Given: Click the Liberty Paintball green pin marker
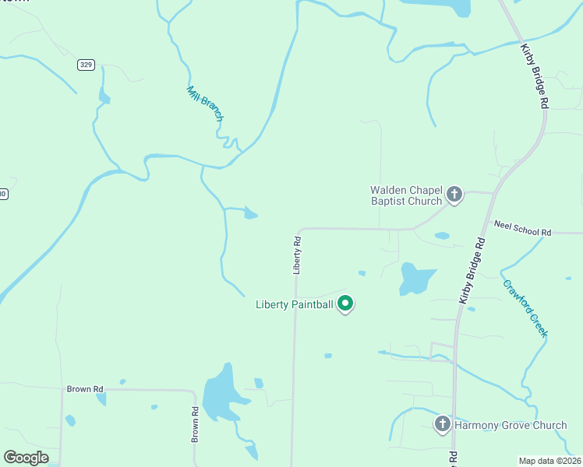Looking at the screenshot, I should [x=345, y=304].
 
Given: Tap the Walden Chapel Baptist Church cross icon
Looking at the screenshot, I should [x=454, y=195].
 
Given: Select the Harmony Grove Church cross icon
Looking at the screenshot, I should [x=442, y=424].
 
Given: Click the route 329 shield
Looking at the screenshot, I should [x=86, y=65].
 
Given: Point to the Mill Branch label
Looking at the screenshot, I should [x=205, y=103].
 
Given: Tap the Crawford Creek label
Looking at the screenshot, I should [x=525, y=308].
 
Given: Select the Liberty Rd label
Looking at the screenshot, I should [x=297, y=255].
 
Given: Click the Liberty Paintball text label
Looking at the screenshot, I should [x=295, y=304].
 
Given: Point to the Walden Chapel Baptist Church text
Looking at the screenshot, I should [x=405, y=195].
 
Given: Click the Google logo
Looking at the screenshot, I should [x=26, y=458].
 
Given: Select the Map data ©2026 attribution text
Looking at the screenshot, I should [x=549, y=461].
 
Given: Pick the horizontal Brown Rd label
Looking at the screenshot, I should [x=84, y=388].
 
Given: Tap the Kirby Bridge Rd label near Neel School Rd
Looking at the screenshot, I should [x=472, y=270].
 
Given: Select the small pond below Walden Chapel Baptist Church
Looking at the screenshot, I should [x=442, y=236].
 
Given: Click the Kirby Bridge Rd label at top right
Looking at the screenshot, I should [x=535, y=76].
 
